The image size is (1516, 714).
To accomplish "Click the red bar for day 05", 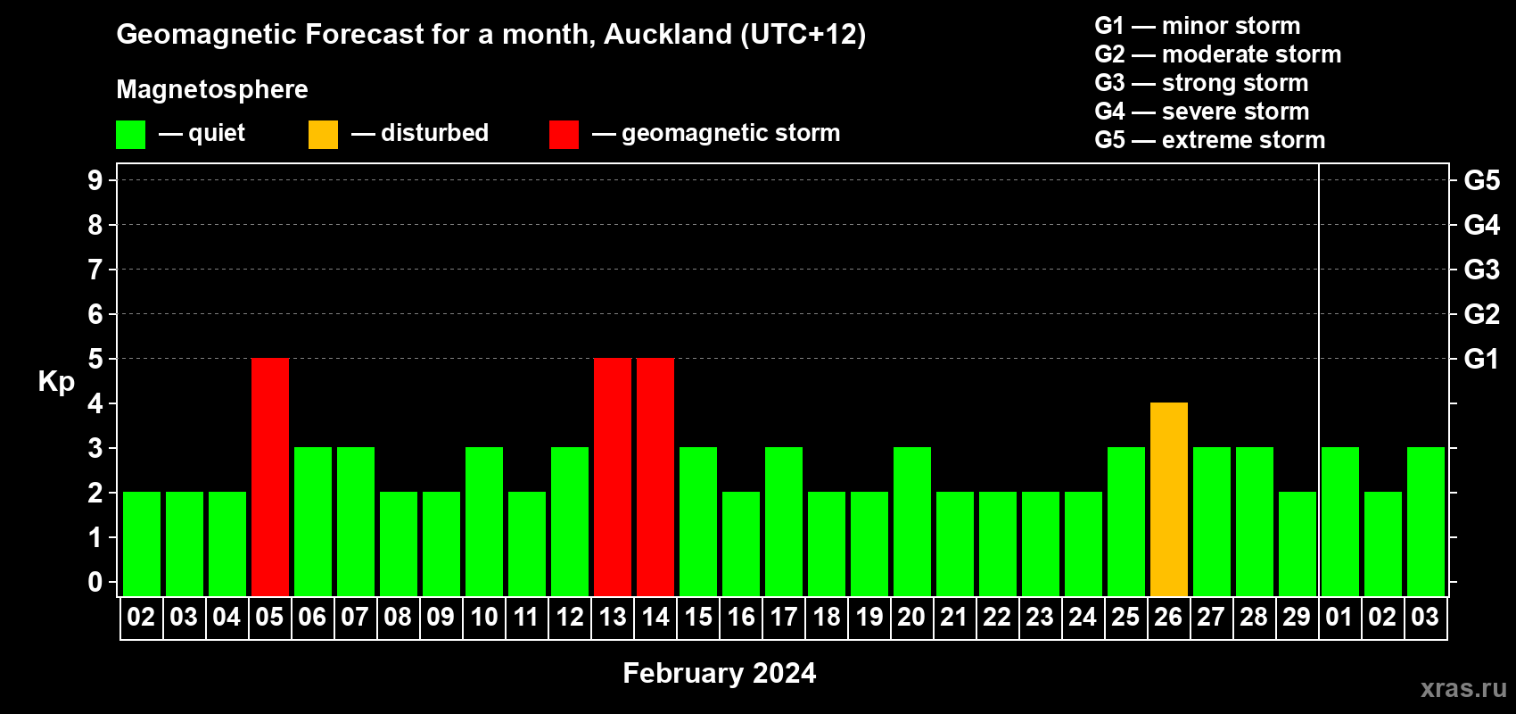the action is click(270, 477).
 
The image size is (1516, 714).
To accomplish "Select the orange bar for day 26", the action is click(1169, 499).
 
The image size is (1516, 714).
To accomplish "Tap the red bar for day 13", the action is click(613, 477).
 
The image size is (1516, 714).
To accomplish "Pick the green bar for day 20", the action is click(912, 521).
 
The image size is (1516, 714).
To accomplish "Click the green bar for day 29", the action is click(1298, 544).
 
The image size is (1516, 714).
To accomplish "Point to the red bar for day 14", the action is click(655, 477).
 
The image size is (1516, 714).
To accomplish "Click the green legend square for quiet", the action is click(130, 134).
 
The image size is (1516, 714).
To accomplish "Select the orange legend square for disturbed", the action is click(323, 134).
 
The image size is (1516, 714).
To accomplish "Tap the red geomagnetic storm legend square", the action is click(564, 134).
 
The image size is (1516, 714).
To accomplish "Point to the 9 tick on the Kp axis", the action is click(95, 180).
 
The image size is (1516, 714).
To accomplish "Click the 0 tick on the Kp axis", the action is click(95, 582).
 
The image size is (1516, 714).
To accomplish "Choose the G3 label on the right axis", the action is click(1482, 270).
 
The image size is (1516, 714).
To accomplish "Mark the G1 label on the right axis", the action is click(1481, 359).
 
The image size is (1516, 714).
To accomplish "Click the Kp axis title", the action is click(56, 381).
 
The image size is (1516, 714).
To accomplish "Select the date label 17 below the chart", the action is click(784, 617).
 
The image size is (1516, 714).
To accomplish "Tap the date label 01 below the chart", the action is click(1339, 617).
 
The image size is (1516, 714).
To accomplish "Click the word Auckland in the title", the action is click(667, 34).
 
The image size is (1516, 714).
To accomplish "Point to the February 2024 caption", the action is click(720, 673).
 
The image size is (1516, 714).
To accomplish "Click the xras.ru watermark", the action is click(1463, 688).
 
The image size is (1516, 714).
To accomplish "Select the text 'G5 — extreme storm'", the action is click(1209, 140).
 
